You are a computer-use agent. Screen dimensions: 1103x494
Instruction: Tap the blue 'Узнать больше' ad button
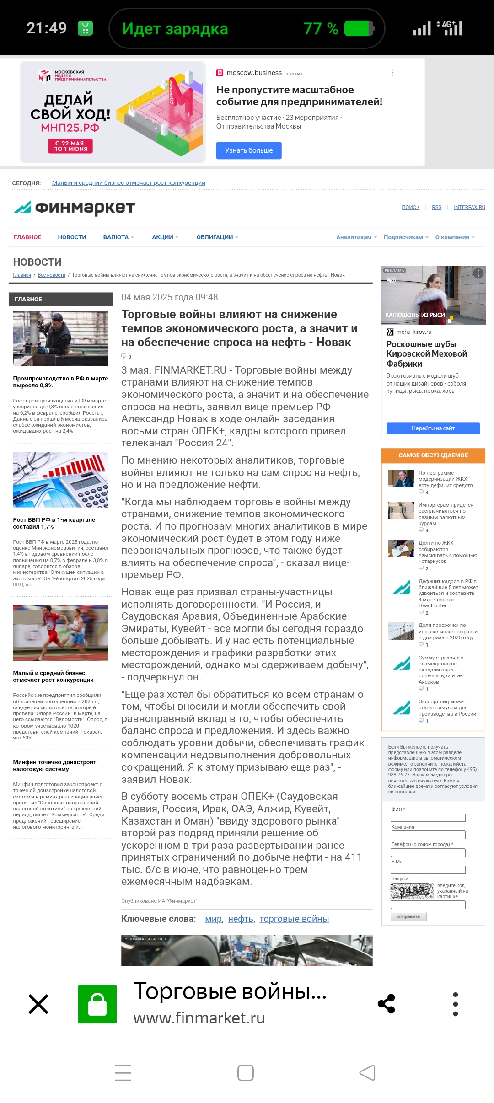click(248, 150)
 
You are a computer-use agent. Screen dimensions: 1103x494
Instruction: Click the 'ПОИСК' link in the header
click(410, 208)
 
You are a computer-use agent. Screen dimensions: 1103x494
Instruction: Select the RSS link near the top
click(436, 208)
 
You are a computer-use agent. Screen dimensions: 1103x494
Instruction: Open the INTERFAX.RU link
click(469, 208)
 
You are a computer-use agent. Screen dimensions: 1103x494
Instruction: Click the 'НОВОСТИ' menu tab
click(72, 237)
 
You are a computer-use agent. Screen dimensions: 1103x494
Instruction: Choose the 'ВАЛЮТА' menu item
click(116, 237)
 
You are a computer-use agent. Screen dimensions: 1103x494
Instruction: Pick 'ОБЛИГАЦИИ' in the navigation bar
click(215, 237)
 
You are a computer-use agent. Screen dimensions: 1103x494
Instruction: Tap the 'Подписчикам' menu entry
click(403, 237)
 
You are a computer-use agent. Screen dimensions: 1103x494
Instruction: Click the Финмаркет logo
click(75, 208)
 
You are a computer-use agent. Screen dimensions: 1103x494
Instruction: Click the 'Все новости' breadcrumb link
click(51, 275)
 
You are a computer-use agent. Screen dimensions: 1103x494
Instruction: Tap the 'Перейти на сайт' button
click(433, 428)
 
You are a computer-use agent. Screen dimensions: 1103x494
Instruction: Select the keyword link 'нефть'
click(241, 919)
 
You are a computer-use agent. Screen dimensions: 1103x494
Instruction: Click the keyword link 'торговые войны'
click(294, 919)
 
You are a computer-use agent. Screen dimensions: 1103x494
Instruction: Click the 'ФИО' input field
click(428, 818)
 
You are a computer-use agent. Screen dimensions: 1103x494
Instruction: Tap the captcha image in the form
click(412, 891)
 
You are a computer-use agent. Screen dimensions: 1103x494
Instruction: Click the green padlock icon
click(97, 1004)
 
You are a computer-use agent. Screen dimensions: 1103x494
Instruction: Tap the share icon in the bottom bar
click(387, 1004)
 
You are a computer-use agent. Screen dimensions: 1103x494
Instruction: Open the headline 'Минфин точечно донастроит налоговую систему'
click(54, 766)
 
